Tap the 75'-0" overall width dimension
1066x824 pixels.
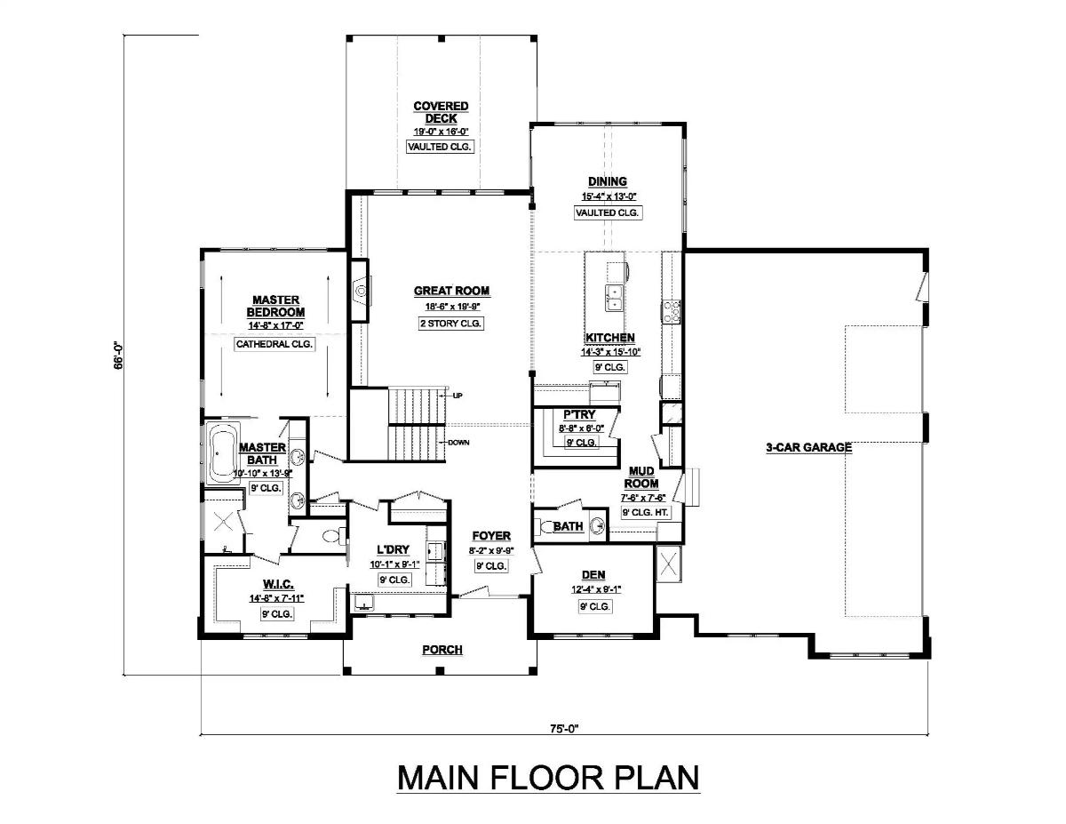(x=563, y=729)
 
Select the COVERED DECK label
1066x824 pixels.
(x=441, y=112)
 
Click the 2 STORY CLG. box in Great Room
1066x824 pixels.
(x=450, y=324)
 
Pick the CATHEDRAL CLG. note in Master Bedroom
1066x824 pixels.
(x=274, y=344)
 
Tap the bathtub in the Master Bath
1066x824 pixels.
(x=221, y=452)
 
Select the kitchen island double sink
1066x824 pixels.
(x=614, y=297)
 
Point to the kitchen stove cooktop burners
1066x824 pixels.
(x=672, y=310)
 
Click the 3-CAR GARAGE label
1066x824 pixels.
(x=808, y=448)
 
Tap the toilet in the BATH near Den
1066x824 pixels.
(x=547, y=526)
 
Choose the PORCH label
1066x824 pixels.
(x=442, y=650)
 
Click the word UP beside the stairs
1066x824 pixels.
(x=457, y=396)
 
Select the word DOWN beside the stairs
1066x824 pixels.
(x=459, y=442)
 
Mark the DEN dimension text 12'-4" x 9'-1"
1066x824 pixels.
(x=594, y=589)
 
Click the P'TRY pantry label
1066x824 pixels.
(x=579, y=414)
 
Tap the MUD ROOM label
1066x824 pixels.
(x=643, y=477)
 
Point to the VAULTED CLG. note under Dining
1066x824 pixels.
(x=608, y=212)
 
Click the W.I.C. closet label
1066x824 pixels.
(x=277, y=584)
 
